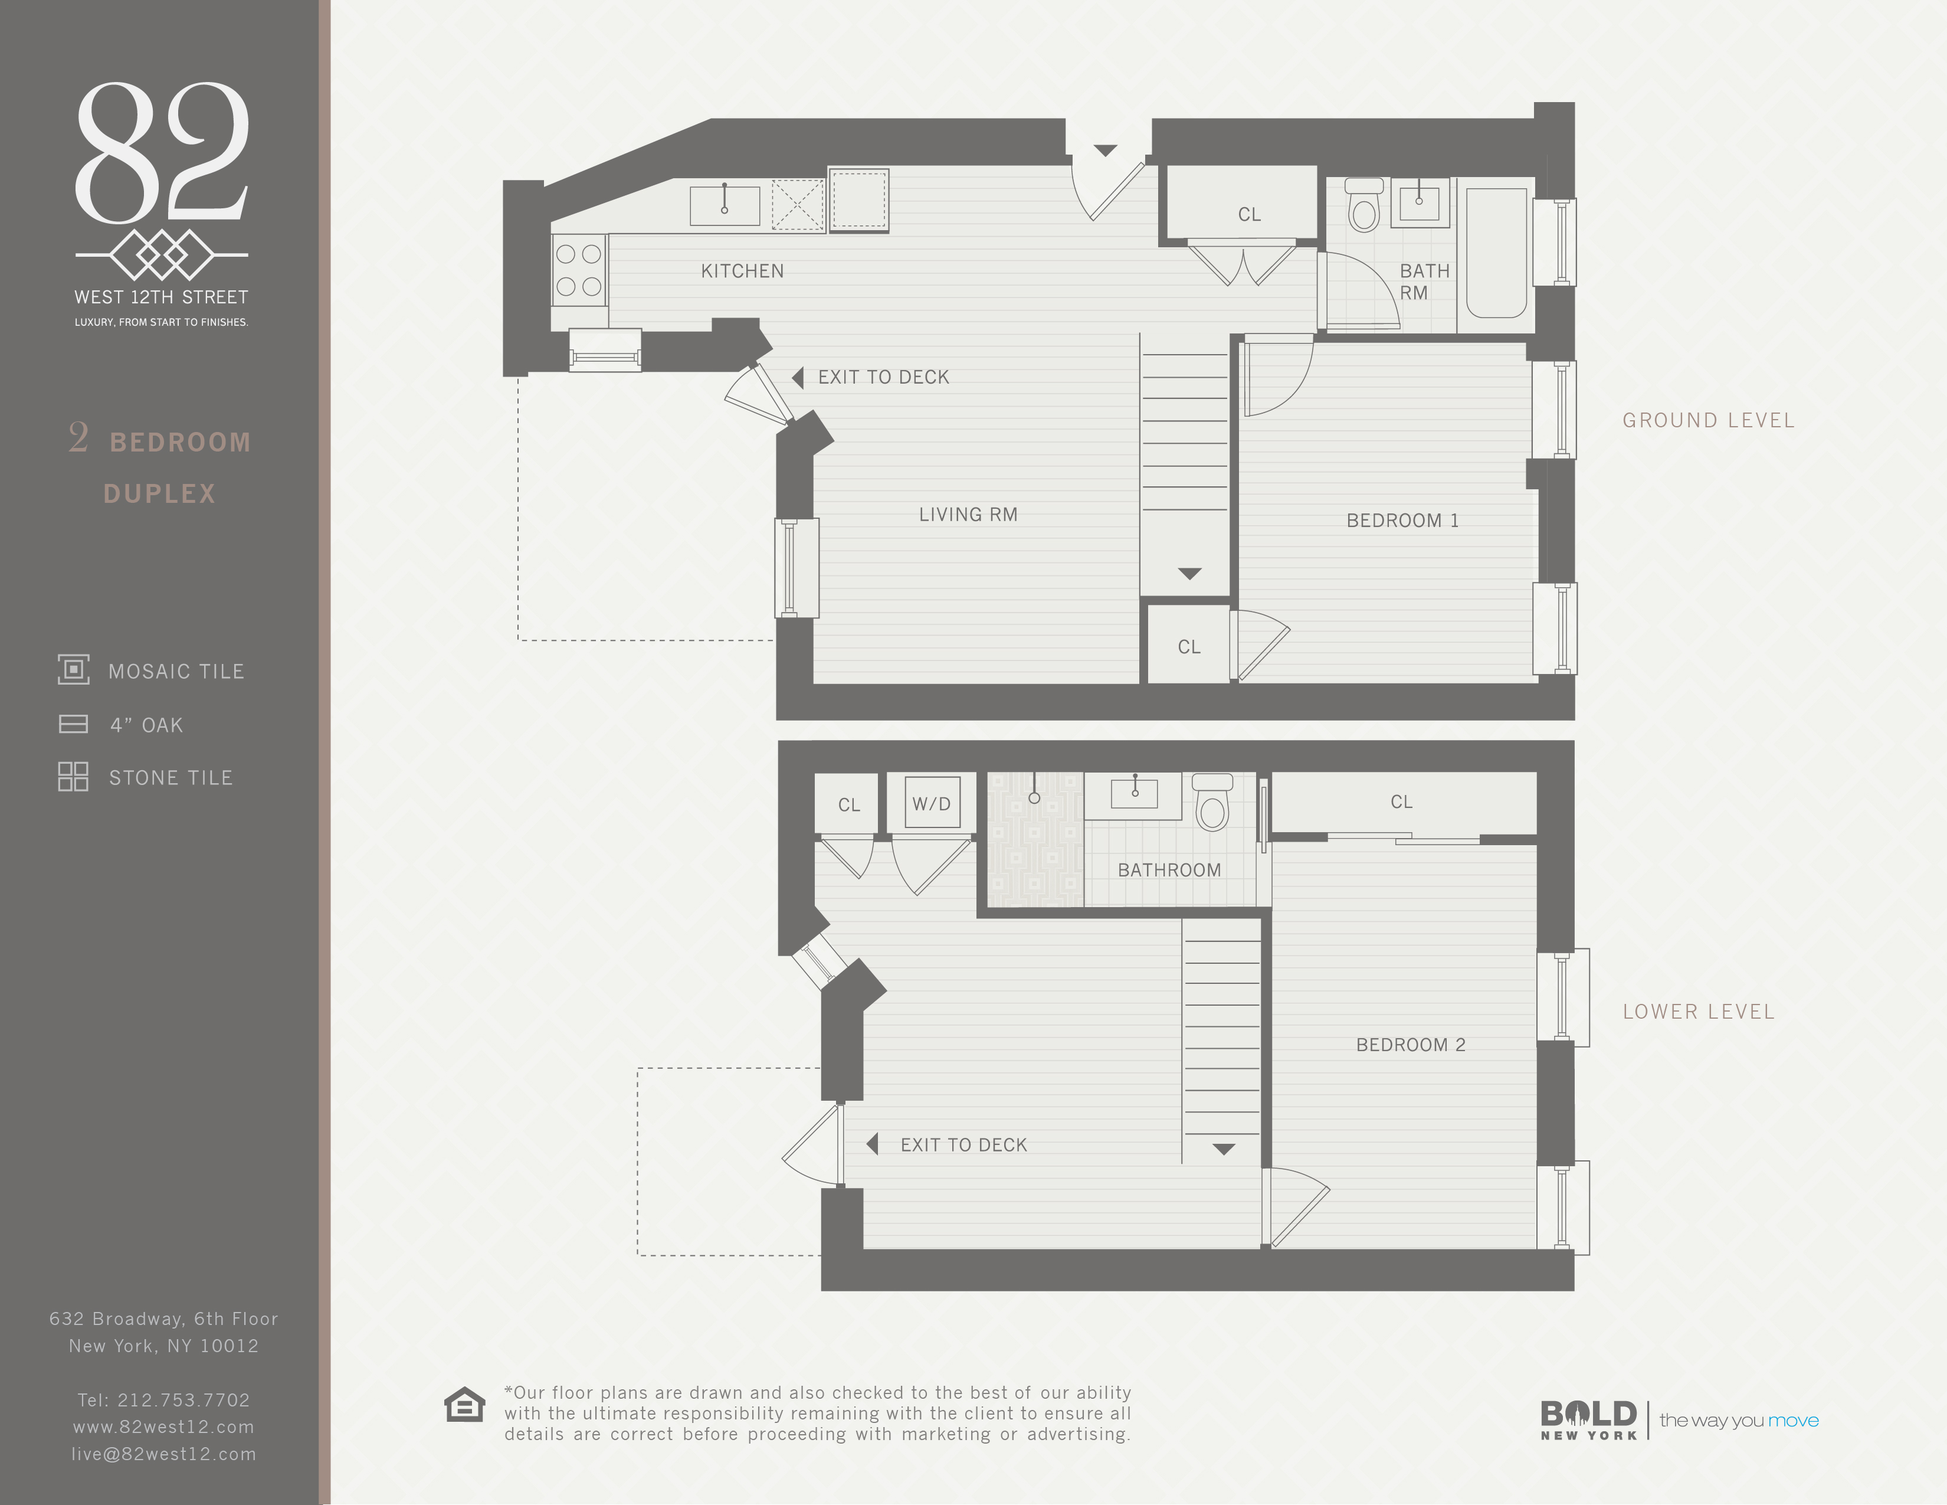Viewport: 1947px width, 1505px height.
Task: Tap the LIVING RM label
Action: pyautogui.click(x=968, y=515)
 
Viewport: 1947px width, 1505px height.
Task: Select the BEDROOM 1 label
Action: pyautogui.click(x=1402, y=521)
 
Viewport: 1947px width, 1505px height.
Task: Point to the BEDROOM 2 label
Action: pyautogui.click(x=1410, y=1045)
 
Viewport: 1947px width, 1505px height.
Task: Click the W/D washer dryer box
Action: pyautogui.click(x=932, y=803)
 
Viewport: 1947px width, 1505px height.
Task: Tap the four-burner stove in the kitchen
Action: pyautogui.click(x=579, y=270)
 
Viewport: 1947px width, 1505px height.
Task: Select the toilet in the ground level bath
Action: pyautogui.click(x=1364, y=205)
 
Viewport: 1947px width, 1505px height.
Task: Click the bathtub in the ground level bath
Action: pyautogui.click(x=1497, y=253)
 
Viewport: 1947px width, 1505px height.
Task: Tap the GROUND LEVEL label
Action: pyautogui.click(x=1708, y=420)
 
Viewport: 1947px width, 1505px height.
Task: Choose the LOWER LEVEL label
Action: pyautogui.click(x=1698, y=1012)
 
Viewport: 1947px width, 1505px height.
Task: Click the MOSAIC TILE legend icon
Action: pyautogui.click(x=74, y=670)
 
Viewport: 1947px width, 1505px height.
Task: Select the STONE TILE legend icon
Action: pyautogui.click(x=73, y=777)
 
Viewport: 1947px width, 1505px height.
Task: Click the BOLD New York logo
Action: pyautogui.click(x=1589, y=1419)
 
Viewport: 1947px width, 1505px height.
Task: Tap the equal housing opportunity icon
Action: pyautogui.click(x=464, y=1405)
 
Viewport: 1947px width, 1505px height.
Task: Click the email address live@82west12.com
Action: pyautogui.click(x=164, y=1454)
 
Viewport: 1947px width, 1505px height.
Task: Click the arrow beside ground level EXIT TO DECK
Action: pyautogui.click(x=798, y=378)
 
